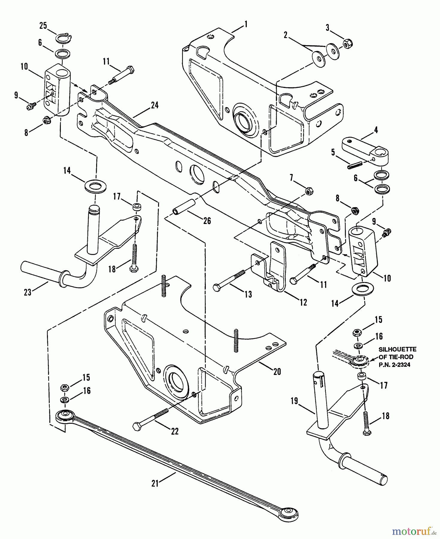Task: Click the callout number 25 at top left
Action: click(x=43, y=26)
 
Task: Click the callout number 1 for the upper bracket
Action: click(x=246, y=24)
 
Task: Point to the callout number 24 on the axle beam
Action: click(x=155, y=105)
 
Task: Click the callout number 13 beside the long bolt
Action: click(x=248, y=294)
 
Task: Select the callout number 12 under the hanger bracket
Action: click(x=303, y=302)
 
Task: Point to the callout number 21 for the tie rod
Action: click(x=155, y=483)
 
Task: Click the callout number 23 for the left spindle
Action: click(x=28, y=292)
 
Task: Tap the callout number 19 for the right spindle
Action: click(x=294, y=401)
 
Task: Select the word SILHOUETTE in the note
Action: click(x=397, y=349)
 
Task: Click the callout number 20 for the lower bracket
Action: click(x=277, y=371)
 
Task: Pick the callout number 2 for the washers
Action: click(x=285, y=35)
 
